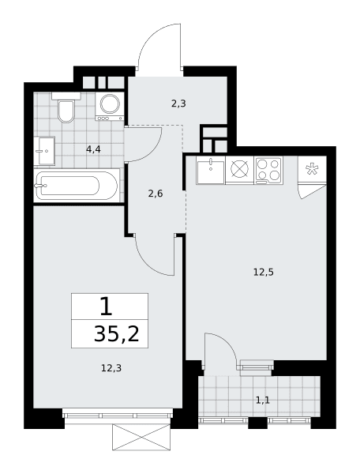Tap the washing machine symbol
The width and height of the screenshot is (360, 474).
point(110,107)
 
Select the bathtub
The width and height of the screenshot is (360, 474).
point(76,186)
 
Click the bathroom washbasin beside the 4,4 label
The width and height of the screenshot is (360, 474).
point(44,151)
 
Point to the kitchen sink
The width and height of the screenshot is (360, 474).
point(211,171)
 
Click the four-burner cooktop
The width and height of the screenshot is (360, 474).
point(268,170)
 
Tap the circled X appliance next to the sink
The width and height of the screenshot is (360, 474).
point(240,169)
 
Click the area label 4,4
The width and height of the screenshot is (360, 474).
point(93,149)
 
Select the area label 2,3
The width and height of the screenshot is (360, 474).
point(178,104)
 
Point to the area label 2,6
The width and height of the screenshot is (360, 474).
point(156,194)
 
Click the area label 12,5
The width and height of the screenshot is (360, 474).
point(264,273)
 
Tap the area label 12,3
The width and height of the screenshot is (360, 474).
point(111,368)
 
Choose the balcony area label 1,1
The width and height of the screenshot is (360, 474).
point(262,401)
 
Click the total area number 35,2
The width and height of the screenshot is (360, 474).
point(117,334)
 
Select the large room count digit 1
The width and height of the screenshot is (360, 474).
point(107,306)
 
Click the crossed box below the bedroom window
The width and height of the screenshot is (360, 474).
point(141,437)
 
